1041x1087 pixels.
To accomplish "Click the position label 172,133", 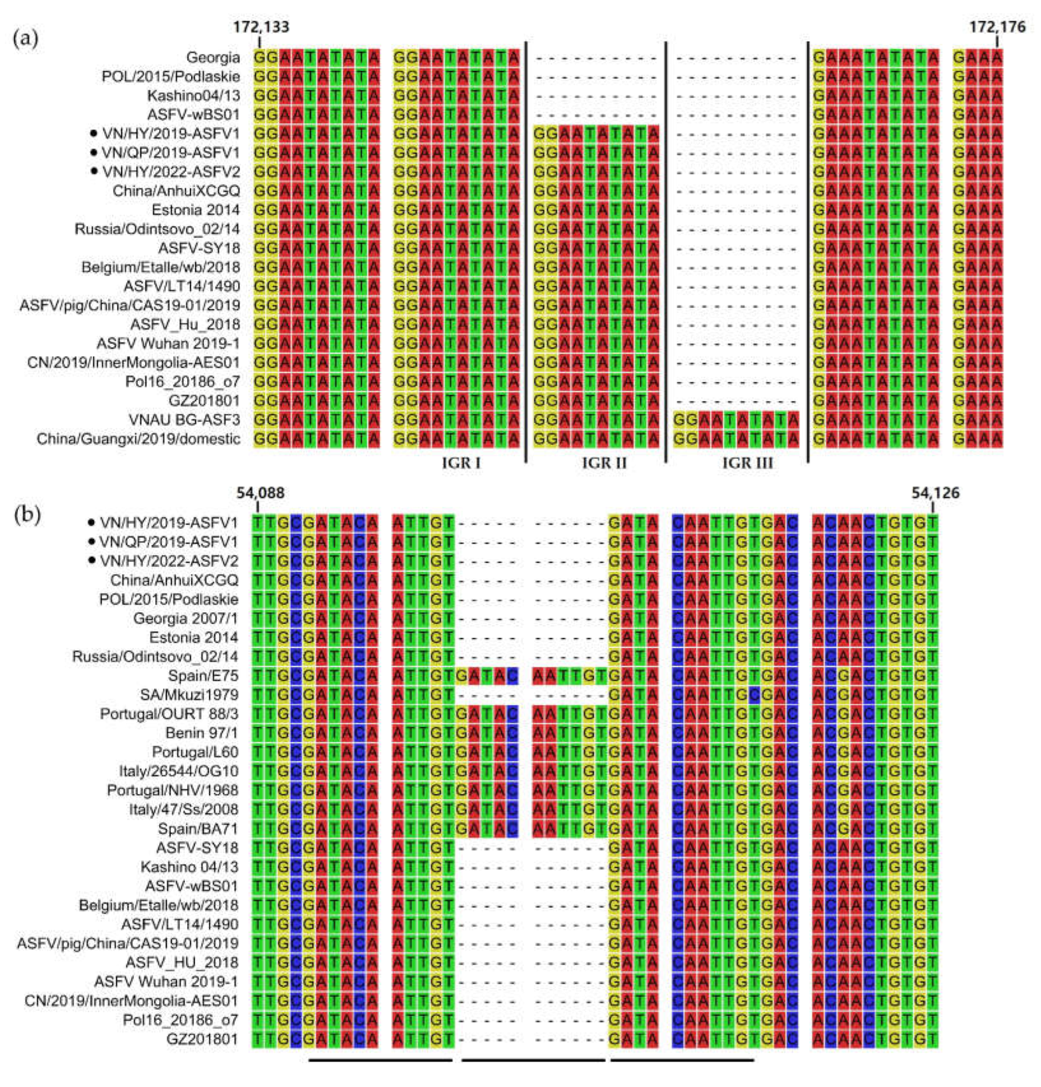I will coord(261,27).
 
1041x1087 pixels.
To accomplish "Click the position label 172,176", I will coord(997,27).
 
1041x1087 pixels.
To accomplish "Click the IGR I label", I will coord(461,463).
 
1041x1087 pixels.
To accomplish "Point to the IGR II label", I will coord(604,463).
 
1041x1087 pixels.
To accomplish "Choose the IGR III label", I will coord(747,463).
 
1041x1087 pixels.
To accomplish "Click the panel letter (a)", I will coord(26,40).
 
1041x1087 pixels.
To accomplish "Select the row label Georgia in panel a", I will coord(213,58).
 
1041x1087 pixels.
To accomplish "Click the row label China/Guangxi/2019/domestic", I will coord(139,439).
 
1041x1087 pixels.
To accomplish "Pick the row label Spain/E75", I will coord(203,676).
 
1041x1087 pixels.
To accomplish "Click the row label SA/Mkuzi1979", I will coord(189,695).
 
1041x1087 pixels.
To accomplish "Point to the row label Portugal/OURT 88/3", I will coord(169,714).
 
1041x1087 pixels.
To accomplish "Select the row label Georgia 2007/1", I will coord(186,618).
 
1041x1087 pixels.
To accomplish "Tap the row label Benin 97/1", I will coord(202,733).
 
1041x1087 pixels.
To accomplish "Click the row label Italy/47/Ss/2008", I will coord(183,810).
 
